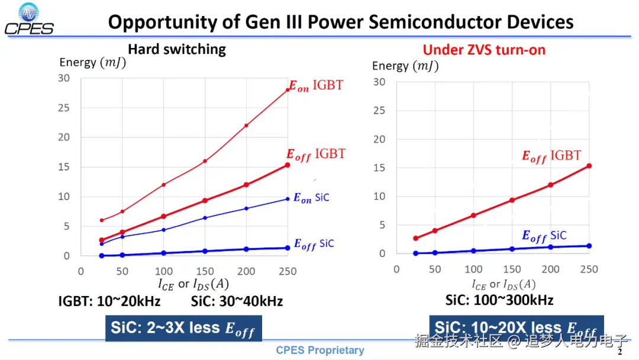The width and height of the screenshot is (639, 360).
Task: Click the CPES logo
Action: point(29,19)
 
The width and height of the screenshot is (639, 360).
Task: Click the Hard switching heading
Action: point(177,49)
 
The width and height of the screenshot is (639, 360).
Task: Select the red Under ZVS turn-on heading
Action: point(484,50)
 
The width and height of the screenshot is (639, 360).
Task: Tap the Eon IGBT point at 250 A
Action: point(288,90)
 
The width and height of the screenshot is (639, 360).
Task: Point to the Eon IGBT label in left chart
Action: point(315,86)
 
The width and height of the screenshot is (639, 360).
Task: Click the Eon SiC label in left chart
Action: point(311,198)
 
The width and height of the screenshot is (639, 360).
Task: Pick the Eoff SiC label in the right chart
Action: point(544,236)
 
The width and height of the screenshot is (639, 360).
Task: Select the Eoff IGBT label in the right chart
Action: point(551,156)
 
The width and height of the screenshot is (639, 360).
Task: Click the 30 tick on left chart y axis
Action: point(64,78)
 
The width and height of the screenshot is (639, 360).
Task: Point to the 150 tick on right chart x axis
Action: point(512,269)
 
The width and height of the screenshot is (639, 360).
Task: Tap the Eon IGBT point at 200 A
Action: point(246,126)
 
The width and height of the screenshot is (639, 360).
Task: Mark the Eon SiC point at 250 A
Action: point(288,199)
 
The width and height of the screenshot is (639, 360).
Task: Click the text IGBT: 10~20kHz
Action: point(109,301)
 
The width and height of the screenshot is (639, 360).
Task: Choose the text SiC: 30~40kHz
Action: point(237,301)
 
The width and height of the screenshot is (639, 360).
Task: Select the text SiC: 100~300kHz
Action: point(499,300)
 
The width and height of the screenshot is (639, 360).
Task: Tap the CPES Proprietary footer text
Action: point(319,350)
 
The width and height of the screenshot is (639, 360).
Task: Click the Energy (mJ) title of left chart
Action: point(92,62)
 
